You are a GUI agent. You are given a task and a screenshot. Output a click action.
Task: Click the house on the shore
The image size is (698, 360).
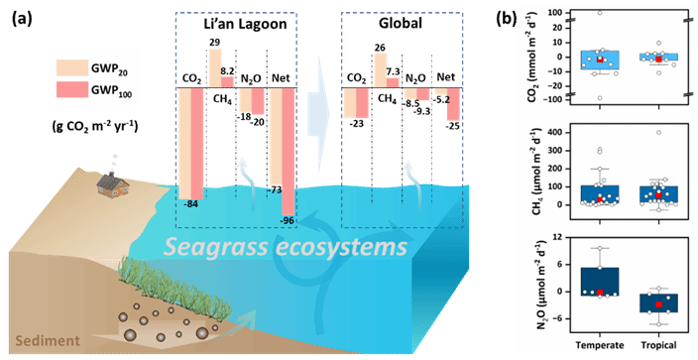113,184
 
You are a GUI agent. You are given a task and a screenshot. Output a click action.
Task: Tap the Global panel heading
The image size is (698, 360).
401,23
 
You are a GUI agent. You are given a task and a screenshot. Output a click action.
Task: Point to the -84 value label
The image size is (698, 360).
192,205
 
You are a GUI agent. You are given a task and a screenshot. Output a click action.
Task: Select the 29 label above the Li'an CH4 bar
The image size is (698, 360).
215,43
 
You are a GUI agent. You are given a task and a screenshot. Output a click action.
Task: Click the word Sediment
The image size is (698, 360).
48,341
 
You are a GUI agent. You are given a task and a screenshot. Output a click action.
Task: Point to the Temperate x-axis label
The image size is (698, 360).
600,345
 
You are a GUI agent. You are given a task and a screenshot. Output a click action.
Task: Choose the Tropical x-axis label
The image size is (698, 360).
658,345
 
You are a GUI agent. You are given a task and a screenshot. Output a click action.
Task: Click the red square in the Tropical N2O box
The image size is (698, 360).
658,304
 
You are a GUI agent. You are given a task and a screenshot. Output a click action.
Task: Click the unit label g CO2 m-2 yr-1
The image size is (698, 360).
93,126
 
